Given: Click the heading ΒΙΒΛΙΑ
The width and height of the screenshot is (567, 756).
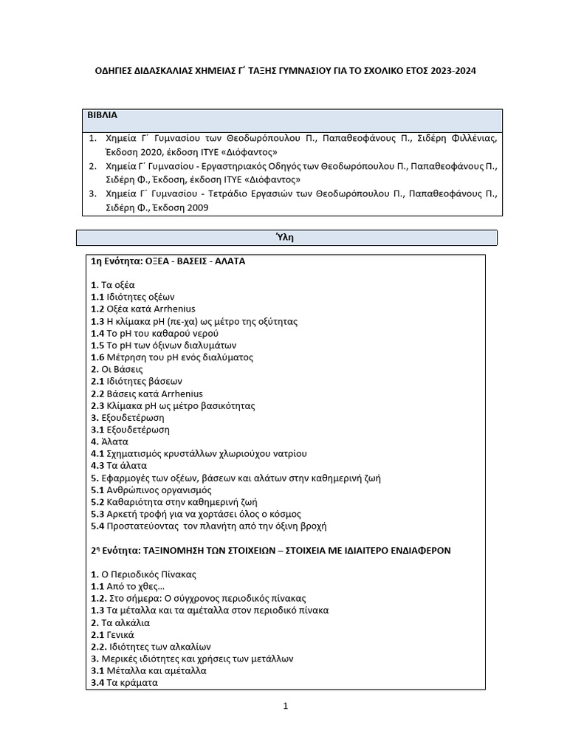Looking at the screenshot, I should tap(103, 116).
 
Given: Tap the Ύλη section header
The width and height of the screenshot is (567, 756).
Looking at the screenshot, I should tap(286, 238).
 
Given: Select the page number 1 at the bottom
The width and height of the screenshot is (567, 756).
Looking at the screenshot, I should tap(285, 706).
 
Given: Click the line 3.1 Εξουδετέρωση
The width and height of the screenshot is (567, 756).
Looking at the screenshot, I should tap(130, 430).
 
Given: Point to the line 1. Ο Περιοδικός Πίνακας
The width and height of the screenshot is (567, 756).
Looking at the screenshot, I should tap(143, 574).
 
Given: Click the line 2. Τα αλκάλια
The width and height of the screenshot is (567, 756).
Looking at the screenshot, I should tap(120, 622).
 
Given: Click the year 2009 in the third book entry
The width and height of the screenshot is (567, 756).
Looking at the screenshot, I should tap(196, 207).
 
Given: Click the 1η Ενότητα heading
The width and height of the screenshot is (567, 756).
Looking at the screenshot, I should tap(168, 261).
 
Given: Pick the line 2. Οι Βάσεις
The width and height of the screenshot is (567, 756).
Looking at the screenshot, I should tap(117, 369).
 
